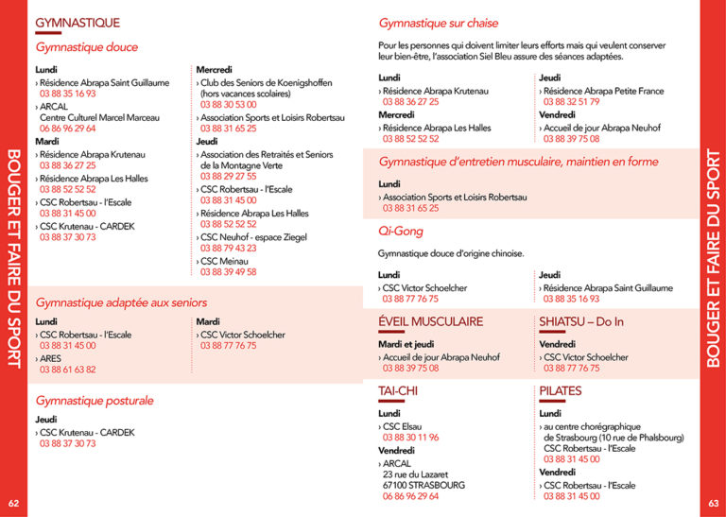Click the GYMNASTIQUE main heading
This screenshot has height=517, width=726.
click(78, 22)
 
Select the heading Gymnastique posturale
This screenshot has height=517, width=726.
click(94, 401)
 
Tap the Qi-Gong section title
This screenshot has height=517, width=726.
click(400, 232)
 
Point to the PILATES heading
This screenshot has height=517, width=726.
click(561, 390)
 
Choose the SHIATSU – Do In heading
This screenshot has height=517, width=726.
click(581, 322)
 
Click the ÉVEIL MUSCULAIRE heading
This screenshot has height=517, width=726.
click(430, 322)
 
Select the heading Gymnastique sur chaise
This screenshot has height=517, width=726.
click(439, 23)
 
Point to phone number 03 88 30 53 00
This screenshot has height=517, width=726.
click(229, 105)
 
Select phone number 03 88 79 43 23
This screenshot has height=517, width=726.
click(229, 249)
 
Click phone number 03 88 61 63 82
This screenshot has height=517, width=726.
click(68, 370)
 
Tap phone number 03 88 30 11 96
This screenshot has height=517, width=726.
click(411, 438)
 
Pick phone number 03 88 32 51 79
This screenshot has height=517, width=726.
click(572, 102)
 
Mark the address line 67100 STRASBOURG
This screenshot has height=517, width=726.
click(423, 485)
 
